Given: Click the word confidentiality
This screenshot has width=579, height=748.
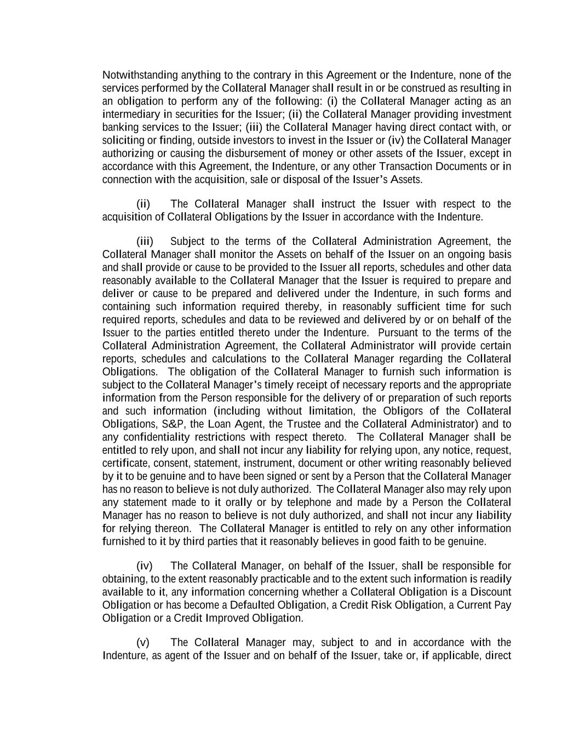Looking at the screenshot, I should coord(157,437).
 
